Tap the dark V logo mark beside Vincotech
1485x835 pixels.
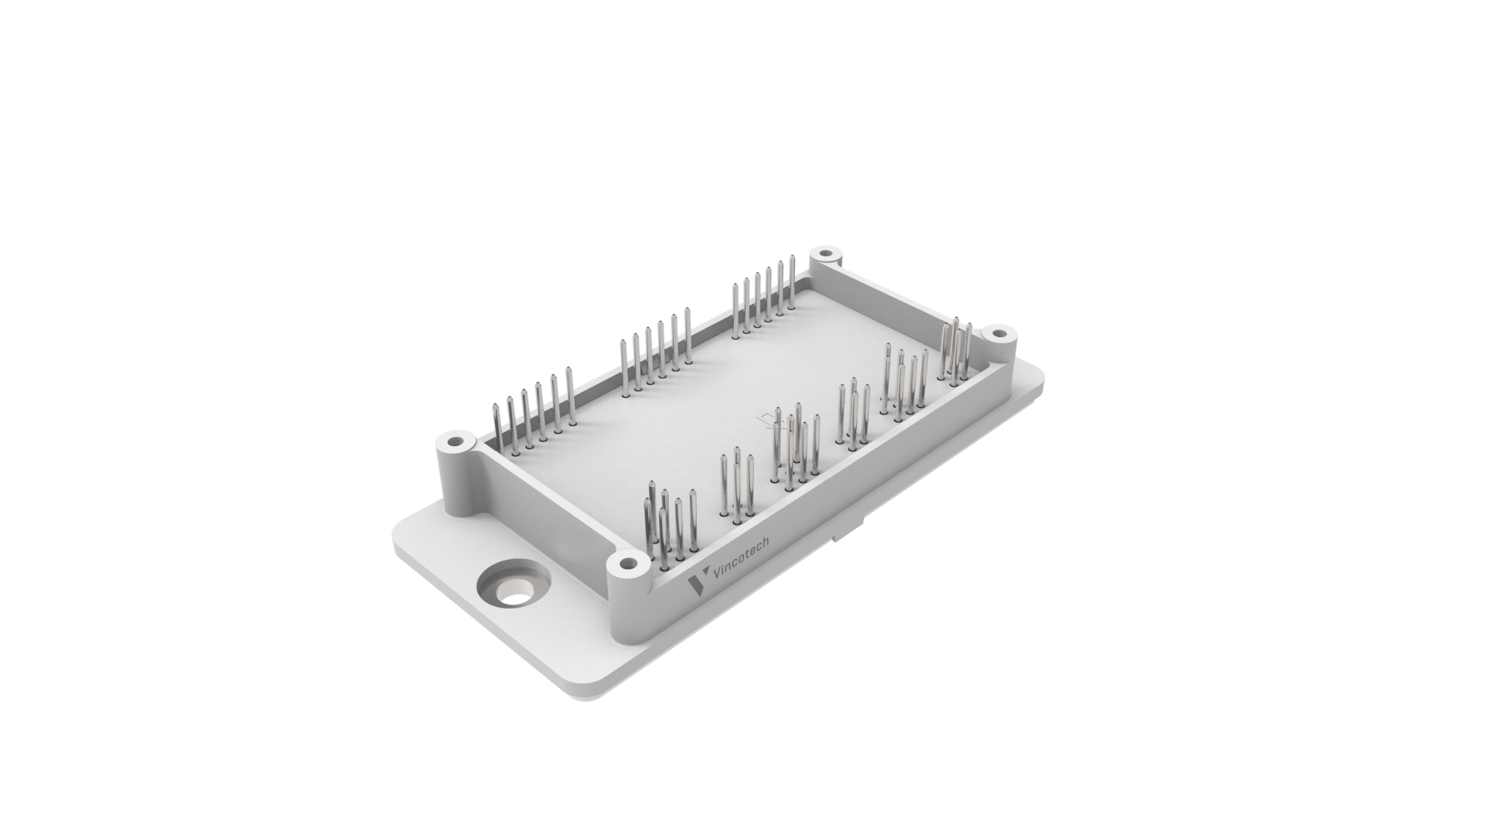(x=697, y=584)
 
